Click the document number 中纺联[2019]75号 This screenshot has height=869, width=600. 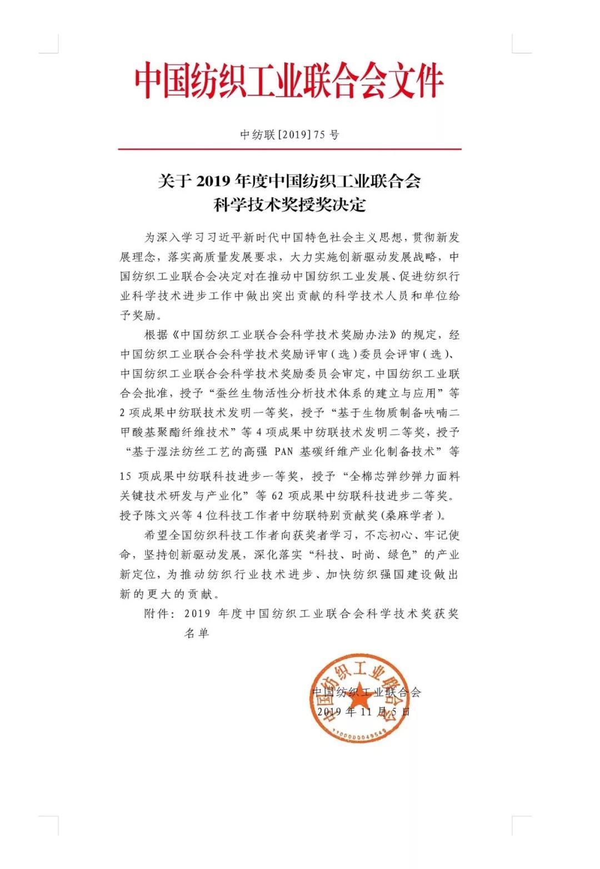289,135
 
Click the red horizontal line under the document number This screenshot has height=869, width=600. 289,149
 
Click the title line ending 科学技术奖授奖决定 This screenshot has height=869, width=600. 289,204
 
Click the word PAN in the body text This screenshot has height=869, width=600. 284,452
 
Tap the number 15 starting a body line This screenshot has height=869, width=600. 126,477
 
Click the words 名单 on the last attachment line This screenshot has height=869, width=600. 197,633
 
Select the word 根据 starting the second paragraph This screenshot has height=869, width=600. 156,335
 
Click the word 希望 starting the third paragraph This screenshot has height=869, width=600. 156,536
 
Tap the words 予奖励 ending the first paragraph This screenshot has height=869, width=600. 138,316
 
